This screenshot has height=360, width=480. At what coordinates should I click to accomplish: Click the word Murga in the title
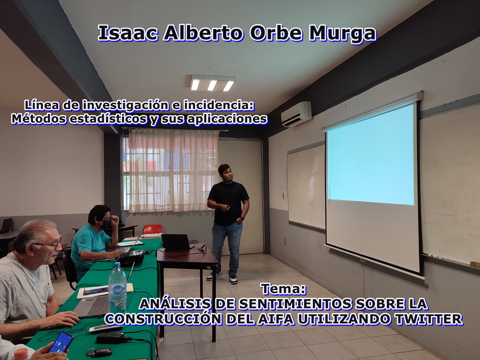click(x=342, y=33)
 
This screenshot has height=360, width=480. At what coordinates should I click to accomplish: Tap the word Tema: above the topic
click(x=283, y=289)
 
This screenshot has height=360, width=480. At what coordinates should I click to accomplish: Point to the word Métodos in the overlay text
click(x=39, y=119)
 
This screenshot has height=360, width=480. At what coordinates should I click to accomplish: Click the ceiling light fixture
click(x=213, y=83)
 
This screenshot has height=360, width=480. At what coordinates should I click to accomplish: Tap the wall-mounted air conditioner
click(x=296, y=114)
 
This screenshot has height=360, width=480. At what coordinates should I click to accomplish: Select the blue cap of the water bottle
click(x=117, y=264)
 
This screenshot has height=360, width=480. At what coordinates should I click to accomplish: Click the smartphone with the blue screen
click(x=61, y=342)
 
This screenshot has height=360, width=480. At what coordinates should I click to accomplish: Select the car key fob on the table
click(x=100, y=352)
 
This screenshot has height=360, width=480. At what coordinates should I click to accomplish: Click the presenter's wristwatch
click(x=242, y=218)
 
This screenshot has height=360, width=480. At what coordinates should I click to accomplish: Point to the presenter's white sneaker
click(x=233, y=280)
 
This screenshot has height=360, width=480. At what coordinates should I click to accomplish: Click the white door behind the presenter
click(x=241, y=197)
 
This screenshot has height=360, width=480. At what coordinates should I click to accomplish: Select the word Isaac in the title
click(x=128, y=33)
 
